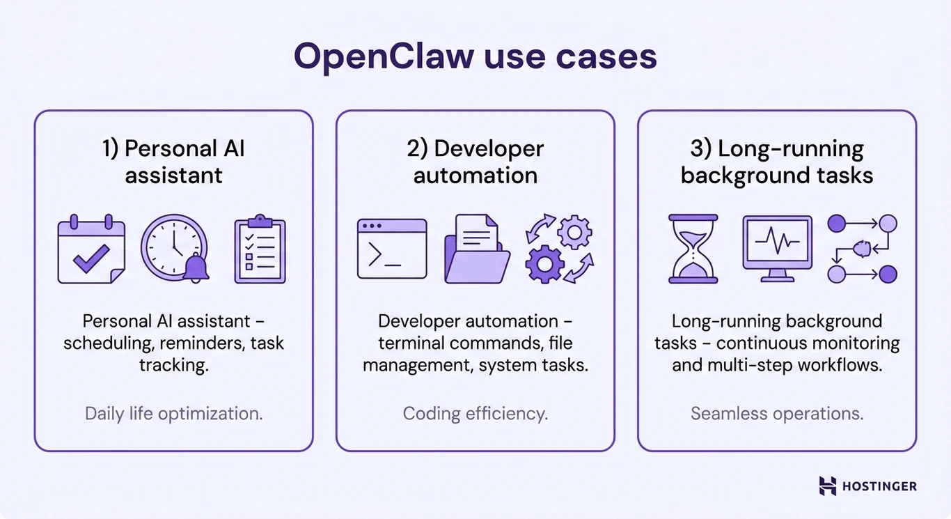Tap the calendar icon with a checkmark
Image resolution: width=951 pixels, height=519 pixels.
tap(91, 250)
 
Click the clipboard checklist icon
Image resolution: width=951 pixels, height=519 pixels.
tap(260, 249)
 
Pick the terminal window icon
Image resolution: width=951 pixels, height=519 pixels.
tap(392, 249)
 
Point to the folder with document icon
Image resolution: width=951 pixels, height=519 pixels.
tap(476, 249)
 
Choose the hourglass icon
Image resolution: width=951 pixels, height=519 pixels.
tap(693, 249)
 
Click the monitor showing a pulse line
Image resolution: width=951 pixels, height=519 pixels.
tap(777, 248)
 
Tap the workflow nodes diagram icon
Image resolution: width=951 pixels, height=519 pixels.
tap(862, 249)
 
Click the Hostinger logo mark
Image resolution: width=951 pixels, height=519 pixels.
tap(827, 486)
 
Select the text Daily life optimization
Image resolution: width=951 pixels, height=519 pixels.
tap(173, 414)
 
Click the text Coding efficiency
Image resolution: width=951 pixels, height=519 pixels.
tap(475, 414)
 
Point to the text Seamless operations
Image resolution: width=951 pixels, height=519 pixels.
tap(777, 414)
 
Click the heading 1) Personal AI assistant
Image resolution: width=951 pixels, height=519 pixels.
tap(174, 162)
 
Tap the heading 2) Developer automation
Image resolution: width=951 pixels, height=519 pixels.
tap(475, 162)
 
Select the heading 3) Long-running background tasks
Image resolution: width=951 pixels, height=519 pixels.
tap(777, 162)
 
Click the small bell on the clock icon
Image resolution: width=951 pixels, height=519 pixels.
tap(196, 268)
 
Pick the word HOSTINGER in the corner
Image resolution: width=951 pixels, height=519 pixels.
tap(879, 486)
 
